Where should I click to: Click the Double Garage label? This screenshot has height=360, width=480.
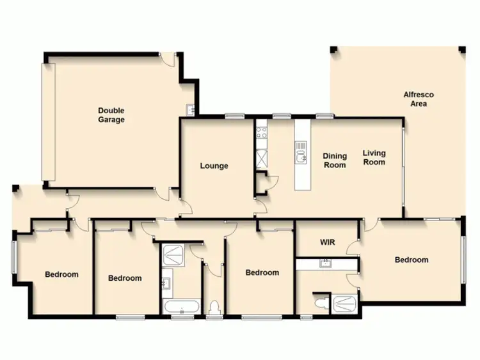click(x=111, y=115)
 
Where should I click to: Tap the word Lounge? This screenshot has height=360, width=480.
click(x=214, y=166)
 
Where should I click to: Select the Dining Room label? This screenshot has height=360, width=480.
click(x=335, y=160)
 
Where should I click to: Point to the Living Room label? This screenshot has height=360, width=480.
click(x=374, y=157)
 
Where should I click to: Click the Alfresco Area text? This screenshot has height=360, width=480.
click(x=419, y=99)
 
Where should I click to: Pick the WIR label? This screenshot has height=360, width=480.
click(x=328, y=242)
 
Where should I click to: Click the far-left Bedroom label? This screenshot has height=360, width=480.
click(x=61, y=274)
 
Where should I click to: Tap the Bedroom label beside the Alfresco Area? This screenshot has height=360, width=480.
click(x=411, y=260)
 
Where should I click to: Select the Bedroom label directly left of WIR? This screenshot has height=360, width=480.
click(x=262, y=272)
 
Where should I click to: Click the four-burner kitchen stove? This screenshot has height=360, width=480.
click(x=262, y=133)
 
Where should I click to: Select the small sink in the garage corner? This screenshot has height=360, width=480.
click(x=190, y=109)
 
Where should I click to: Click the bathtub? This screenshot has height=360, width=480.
click(x=182, y=308)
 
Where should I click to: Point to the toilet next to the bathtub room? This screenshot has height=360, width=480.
click(x=214, y=306)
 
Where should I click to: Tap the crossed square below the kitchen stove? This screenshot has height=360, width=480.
click(x=261, y=157)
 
